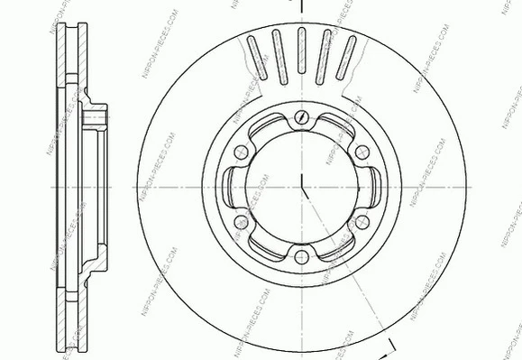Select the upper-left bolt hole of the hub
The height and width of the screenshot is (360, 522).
241,151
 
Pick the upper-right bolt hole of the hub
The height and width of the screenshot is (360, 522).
362,151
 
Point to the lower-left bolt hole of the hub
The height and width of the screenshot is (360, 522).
241,222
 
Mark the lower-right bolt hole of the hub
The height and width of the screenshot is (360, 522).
362,222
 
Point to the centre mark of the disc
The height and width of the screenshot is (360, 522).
301,187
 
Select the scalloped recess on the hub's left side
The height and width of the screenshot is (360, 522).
232,186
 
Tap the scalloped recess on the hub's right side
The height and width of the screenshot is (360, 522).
370,187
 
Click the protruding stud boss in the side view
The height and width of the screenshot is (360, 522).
96,116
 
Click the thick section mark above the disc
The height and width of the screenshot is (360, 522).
301,7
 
